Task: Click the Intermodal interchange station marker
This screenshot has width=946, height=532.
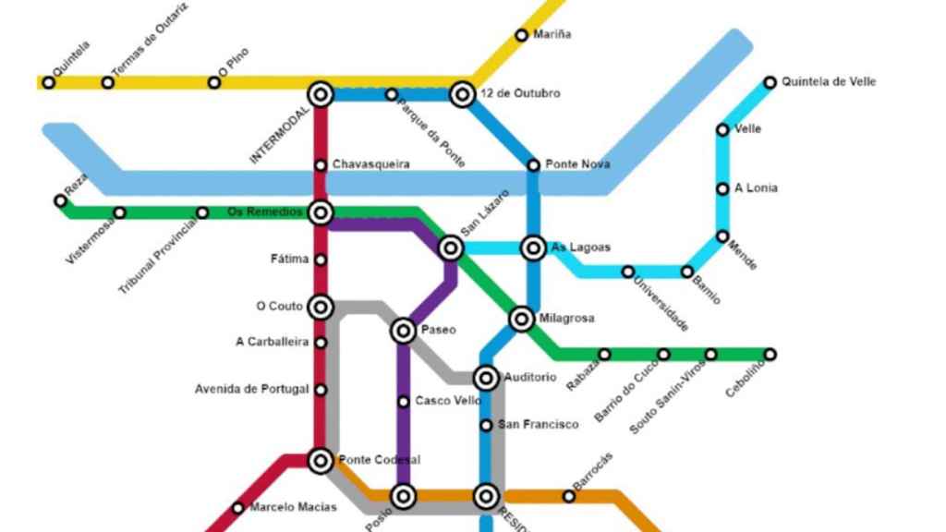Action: click(321, 93)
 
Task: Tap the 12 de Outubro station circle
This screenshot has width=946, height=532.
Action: click(462, 93)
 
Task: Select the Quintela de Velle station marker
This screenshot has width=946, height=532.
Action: click(770, 82)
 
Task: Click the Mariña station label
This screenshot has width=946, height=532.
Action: click(552, 35)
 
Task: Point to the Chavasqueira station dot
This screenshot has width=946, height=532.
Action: click(321, 165)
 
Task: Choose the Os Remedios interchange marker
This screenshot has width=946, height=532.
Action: click(321, 213)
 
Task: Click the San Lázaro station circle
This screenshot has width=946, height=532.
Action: click(451, 248)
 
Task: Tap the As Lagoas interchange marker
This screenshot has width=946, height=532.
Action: click(533, 248)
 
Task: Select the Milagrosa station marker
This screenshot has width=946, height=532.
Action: click(522, 319)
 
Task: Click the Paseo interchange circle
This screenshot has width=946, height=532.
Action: click(404, 330)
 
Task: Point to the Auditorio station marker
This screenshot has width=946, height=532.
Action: click(486, 377)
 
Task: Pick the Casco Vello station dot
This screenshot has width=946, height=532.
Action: click(404, 401)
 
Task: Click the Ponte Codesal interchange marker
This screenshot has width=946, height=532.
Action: click(321, 460)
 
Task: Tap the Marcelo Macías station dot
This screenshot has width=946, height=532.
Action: click(238, 507)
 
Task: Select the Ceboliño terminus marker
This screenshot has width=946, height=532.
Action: click(770, 354)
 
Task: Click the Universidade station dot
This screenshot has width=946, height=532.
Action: click(628, 272)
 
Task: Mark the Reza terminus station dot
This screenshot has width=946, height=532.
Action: click(60, 200)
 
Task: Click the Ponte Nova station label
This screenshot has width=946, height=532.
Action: click(577, 164)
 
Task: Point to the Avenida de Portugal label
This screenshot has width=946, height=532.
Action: click(251, 389)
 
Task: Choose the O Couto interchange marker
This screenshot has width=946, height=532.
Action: click(321, 307)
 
